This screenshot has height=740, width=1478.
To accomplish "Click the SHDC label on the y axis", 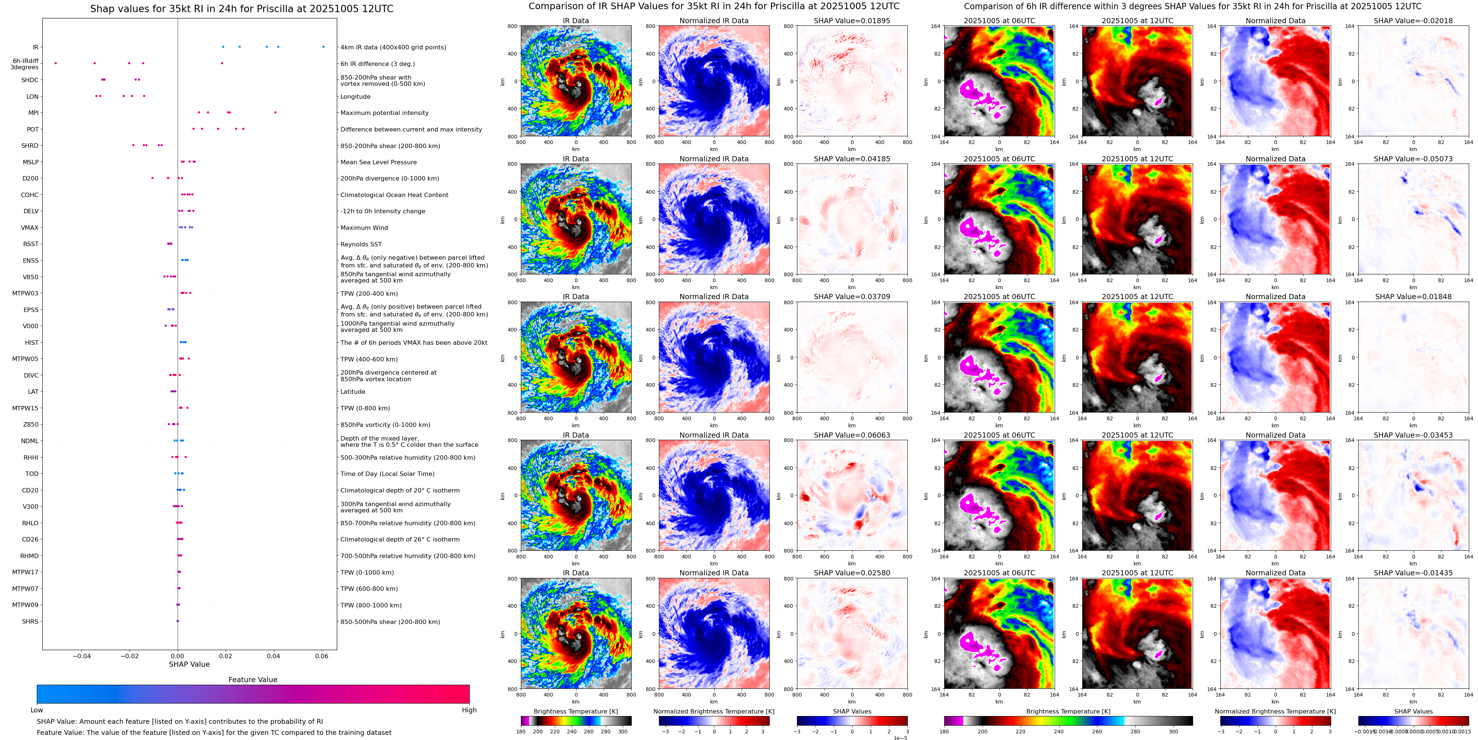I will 30,80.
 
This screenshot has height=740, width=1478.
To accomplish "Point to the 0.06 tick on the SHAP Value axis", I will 321,656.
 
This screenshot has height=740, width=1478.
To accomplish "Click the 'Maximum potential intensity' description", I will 384,113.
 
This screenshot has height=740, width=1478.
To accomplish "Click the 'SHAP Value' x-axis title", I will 189,664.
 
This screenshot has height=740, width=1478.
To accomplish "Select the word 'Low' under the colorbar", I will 37,710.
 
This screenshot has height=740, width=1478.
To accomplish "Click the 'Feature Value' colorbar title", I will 253,680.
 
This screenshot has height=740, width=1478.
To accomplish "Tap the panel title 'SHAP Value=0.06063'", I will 852,435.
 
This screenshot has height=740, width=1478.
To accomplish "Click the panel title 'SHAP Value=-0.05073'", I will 1413,159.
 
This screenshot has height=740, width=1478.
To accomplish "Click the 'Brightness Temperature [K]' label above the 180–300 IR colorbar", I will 575,711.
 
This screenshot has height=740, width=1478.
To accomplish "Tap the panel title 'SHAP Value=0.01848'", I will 1413,297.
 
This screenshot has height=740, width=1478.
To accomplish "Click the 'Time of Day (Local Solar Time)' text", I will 387,474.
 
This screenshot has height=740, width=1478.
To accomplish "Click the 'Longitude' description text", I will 355,97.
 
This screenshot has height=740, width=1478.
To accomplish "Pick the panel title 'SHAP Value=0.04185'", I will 852,159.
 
